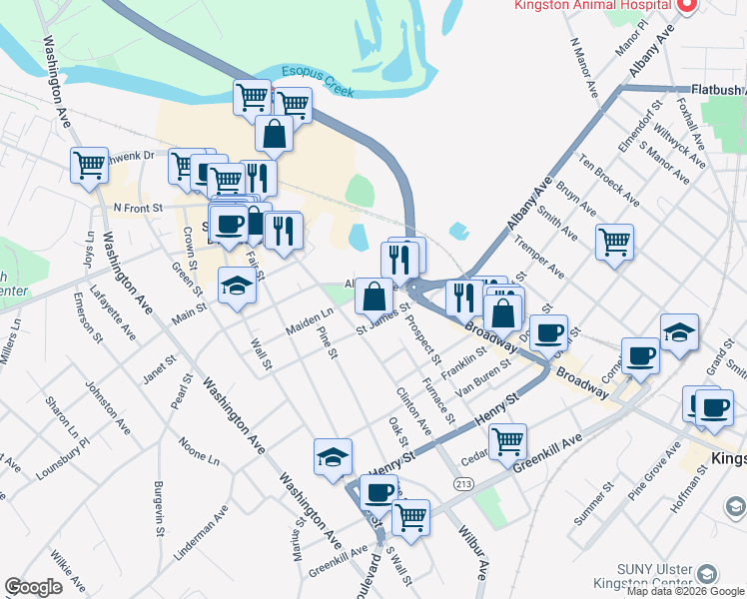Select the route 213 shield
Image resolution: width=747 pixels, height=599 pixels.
click(x=462, y=484)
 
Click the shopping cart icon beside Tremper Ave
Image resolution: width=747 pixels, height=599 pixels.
click(x=614, y=241)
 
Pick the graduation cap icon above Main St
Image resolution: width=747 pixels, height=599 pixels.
click(x=237, y=285)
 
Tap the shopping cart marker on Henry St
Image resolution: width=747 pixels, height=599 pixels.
click(x=508, y=438)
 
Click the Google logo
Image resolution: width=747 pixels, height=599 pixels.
click(x=34, y=587)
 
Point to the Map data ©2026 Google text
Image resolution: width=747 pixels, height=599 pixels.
click(x=685, y=591)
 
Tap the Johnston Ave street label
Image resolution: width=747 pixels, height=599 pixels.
click(x=107, y=407)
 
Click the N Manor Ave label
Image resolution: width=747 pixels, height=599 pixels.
click(x=583, y=67)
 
